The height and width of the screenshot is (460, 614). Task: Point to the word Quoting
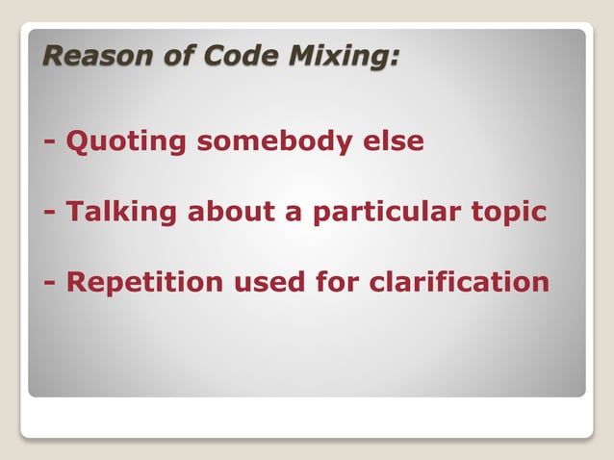[x=126, y=142]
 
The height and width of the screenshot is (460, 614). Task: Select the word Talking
[x=121, y=213]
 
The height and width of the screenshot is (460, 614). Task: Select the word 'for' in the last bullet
[x=338, y=283]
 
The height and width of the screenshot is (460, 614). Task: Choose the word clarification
[x=460, y=283]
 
